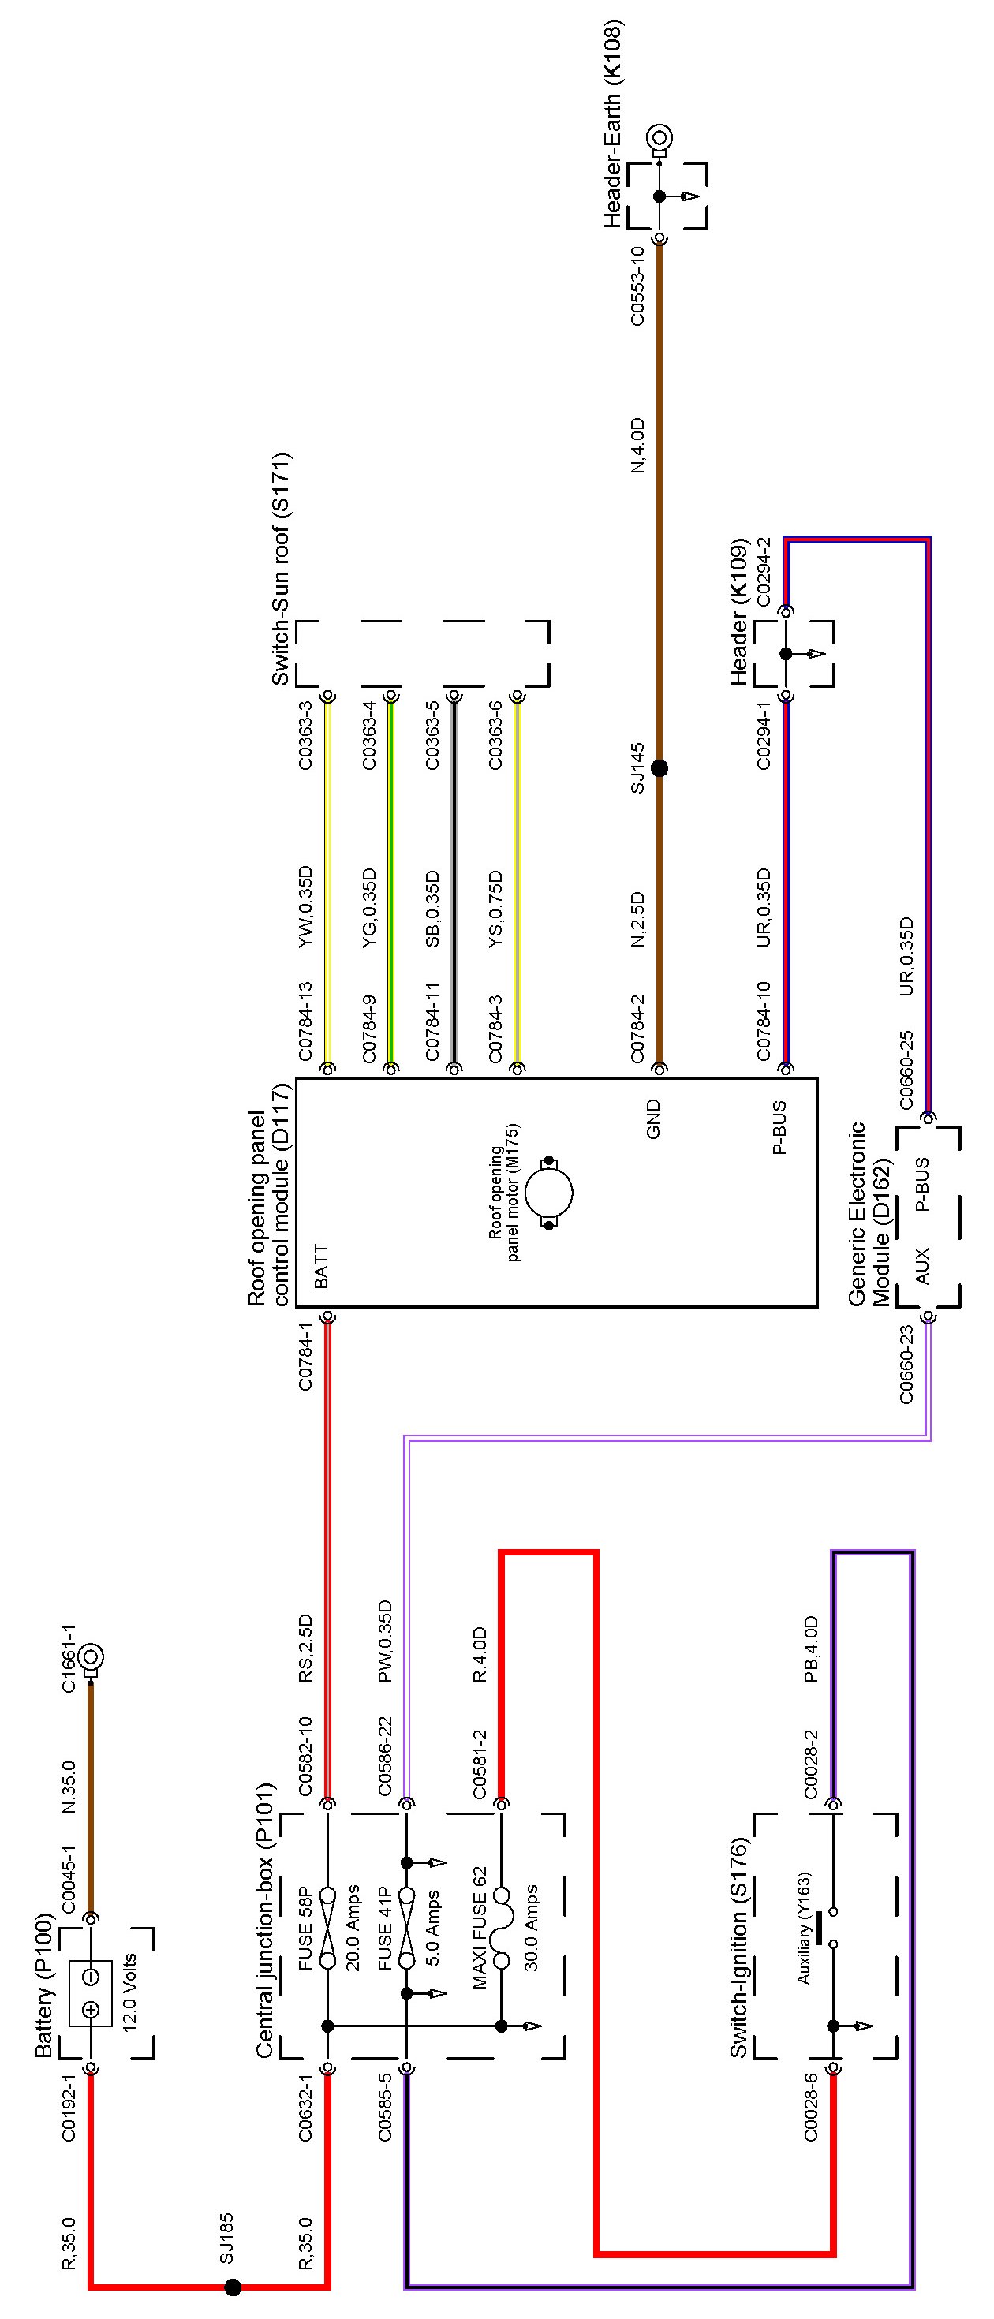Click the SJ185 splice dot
click(x=232, y=2287)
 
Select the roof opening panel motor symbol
click(x=548, y=1193)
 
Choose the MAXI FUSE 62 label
click(x=480, y=1926)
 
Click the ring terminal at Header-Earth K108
click(x=660, y=138)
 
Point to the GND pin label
click(x=654, y=1119)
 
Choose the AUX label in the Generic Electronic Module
click(x=922, y=1266)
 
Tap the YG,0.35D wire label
click(x=369, y=907)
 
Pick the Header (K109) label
click(x=738, y=612)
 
